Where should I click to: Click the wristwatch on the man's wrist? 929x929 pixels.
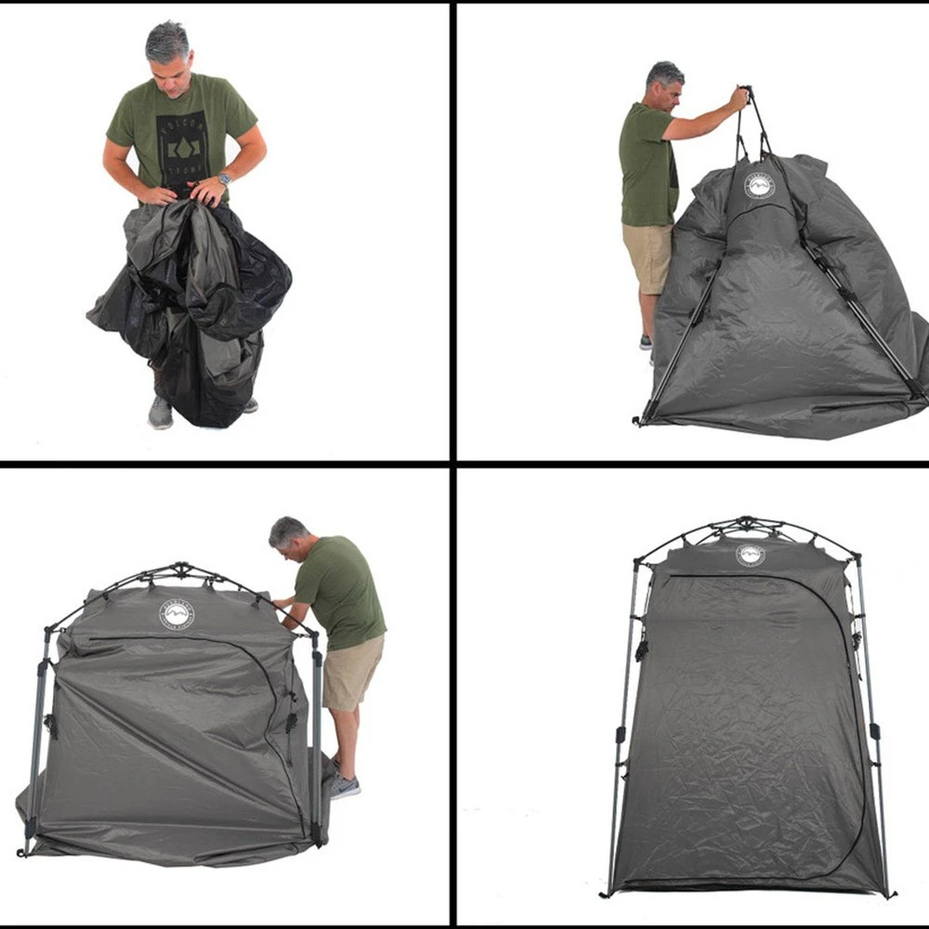224,179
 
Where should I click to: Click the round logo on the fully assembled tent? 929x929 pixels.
750,555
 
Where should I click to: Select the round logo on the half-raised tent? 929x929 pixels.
177,614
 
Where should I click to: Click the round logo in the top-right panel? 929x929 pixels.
759,185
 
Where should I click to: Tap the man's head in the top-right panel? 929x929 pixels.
665,85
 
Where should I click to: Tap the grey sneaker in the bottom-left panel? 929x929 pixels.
345,786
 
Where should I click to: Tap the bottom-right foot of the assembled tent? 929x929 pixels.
889,894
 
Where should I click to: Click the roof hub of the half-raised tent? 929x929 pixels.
182,568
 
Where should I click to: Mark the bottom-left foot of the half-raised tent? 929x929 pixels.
22,851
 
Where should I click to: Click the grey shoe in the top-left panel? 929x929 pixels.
161,412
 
